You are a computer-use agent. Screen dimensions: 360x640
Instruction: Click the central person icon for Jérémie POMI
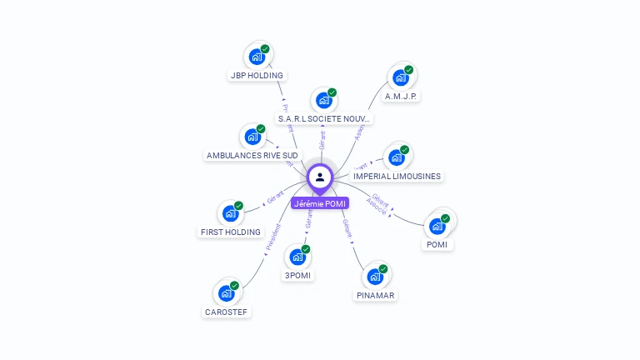(x=320, y=177)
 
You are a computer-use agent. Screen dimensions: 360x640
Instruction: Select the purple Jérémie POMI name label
(x=320, y=203)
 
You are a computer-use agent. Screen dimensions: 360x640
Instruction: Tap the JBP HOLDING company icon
(x=257, y=57)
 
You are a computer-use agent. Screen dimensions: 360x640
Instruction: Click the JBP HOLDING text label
(x=257, y=75)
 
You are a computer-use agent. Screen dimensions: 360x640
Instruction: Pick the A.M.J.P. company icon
(x=401, y=77)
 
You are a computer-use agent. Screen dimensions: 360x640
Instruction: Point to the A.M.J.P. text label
(x=401, y=96)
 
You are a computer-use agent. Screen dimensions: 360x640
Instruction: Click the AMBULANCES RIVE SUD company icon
(x=252, y=137)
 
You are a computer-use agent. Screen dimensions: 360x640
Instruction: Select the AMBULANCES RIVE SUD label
(x=252, y=155)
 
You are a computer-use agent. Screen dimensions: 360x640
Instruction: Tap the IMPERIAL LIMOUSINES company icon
(x=397, y=157)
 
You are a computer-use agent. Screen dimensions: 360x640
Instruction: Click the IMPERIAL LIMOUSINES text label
(x=397, y=176)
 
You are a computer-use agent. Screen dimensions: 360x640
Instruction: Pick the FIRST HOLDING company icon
(x=231, y=213)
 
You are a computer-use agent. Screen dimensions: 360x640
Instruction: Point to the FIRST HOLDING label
(x=231, y=232)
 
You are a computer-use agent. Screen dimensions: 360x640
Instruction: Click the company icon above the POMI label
(x=437, y=226)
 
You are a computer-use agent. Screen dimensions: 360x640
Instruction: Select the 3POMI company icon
(x=297, y=257)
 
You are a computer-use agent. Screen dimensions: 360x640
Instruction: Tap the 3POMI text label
(x=298, y=275)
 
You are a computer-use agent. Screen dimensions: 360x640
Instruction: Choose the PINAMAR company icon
(x=375, y=277)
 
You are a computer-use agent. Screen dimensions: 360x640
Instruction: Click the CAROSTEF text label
(x=227, y=312)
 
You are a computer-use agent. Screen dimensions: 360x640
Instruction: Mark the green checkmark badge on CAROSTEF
(x=234, y=286)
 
